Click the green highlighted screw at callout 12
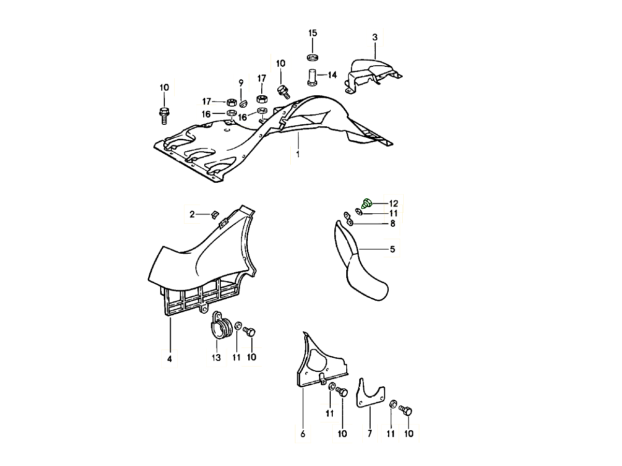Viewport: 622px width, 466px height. [x=367, y=203]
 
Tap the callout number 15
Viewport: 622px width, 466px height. [x=313, y=33]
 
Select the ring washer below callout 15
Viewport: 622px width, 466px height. [x=312, y=57]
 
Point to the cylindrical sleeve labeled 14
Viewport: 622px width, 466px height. [x=312, y=77]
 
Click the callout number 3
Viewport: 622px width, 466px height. [x=375, y=37]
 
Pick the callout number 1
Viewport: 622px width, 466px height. [x=298, y=154]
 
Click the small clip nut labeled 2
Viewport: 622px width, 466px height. [x=215, y=215]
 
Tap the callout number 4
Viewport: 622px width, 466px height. [x=169, y=359]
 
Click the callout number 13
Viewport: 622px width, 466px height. [x=216, y=358]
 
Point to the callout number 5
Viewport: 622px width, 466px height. [x=392, y=249]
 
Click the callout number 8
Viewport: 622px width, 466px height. [x=393, y=224]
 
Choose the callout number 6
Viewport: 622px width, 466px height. [x=303, y=434]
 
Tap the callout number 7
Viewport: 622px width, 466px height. [x=370, y=433]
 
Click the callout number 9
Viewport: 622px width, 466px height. [x=241, y=83]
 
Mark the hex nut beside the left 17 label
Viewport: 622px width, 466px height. [x=232, y=102]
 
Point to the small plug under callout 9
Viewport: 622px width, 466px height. [x=243, y=104]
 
